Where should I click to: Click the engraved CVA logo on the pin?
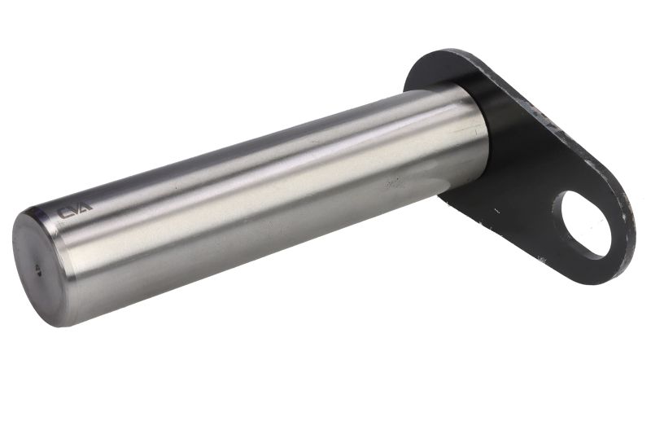[75, 213]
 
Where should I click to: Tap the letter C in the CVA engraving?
[64, 214]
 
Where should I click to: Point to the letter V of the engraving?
[75, 212]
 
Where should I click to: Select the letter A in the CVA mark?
[85, 210]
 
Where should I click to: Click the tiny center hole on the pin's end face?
[37, 270]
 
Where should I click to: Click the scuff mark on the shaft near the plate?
[393, 182]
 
